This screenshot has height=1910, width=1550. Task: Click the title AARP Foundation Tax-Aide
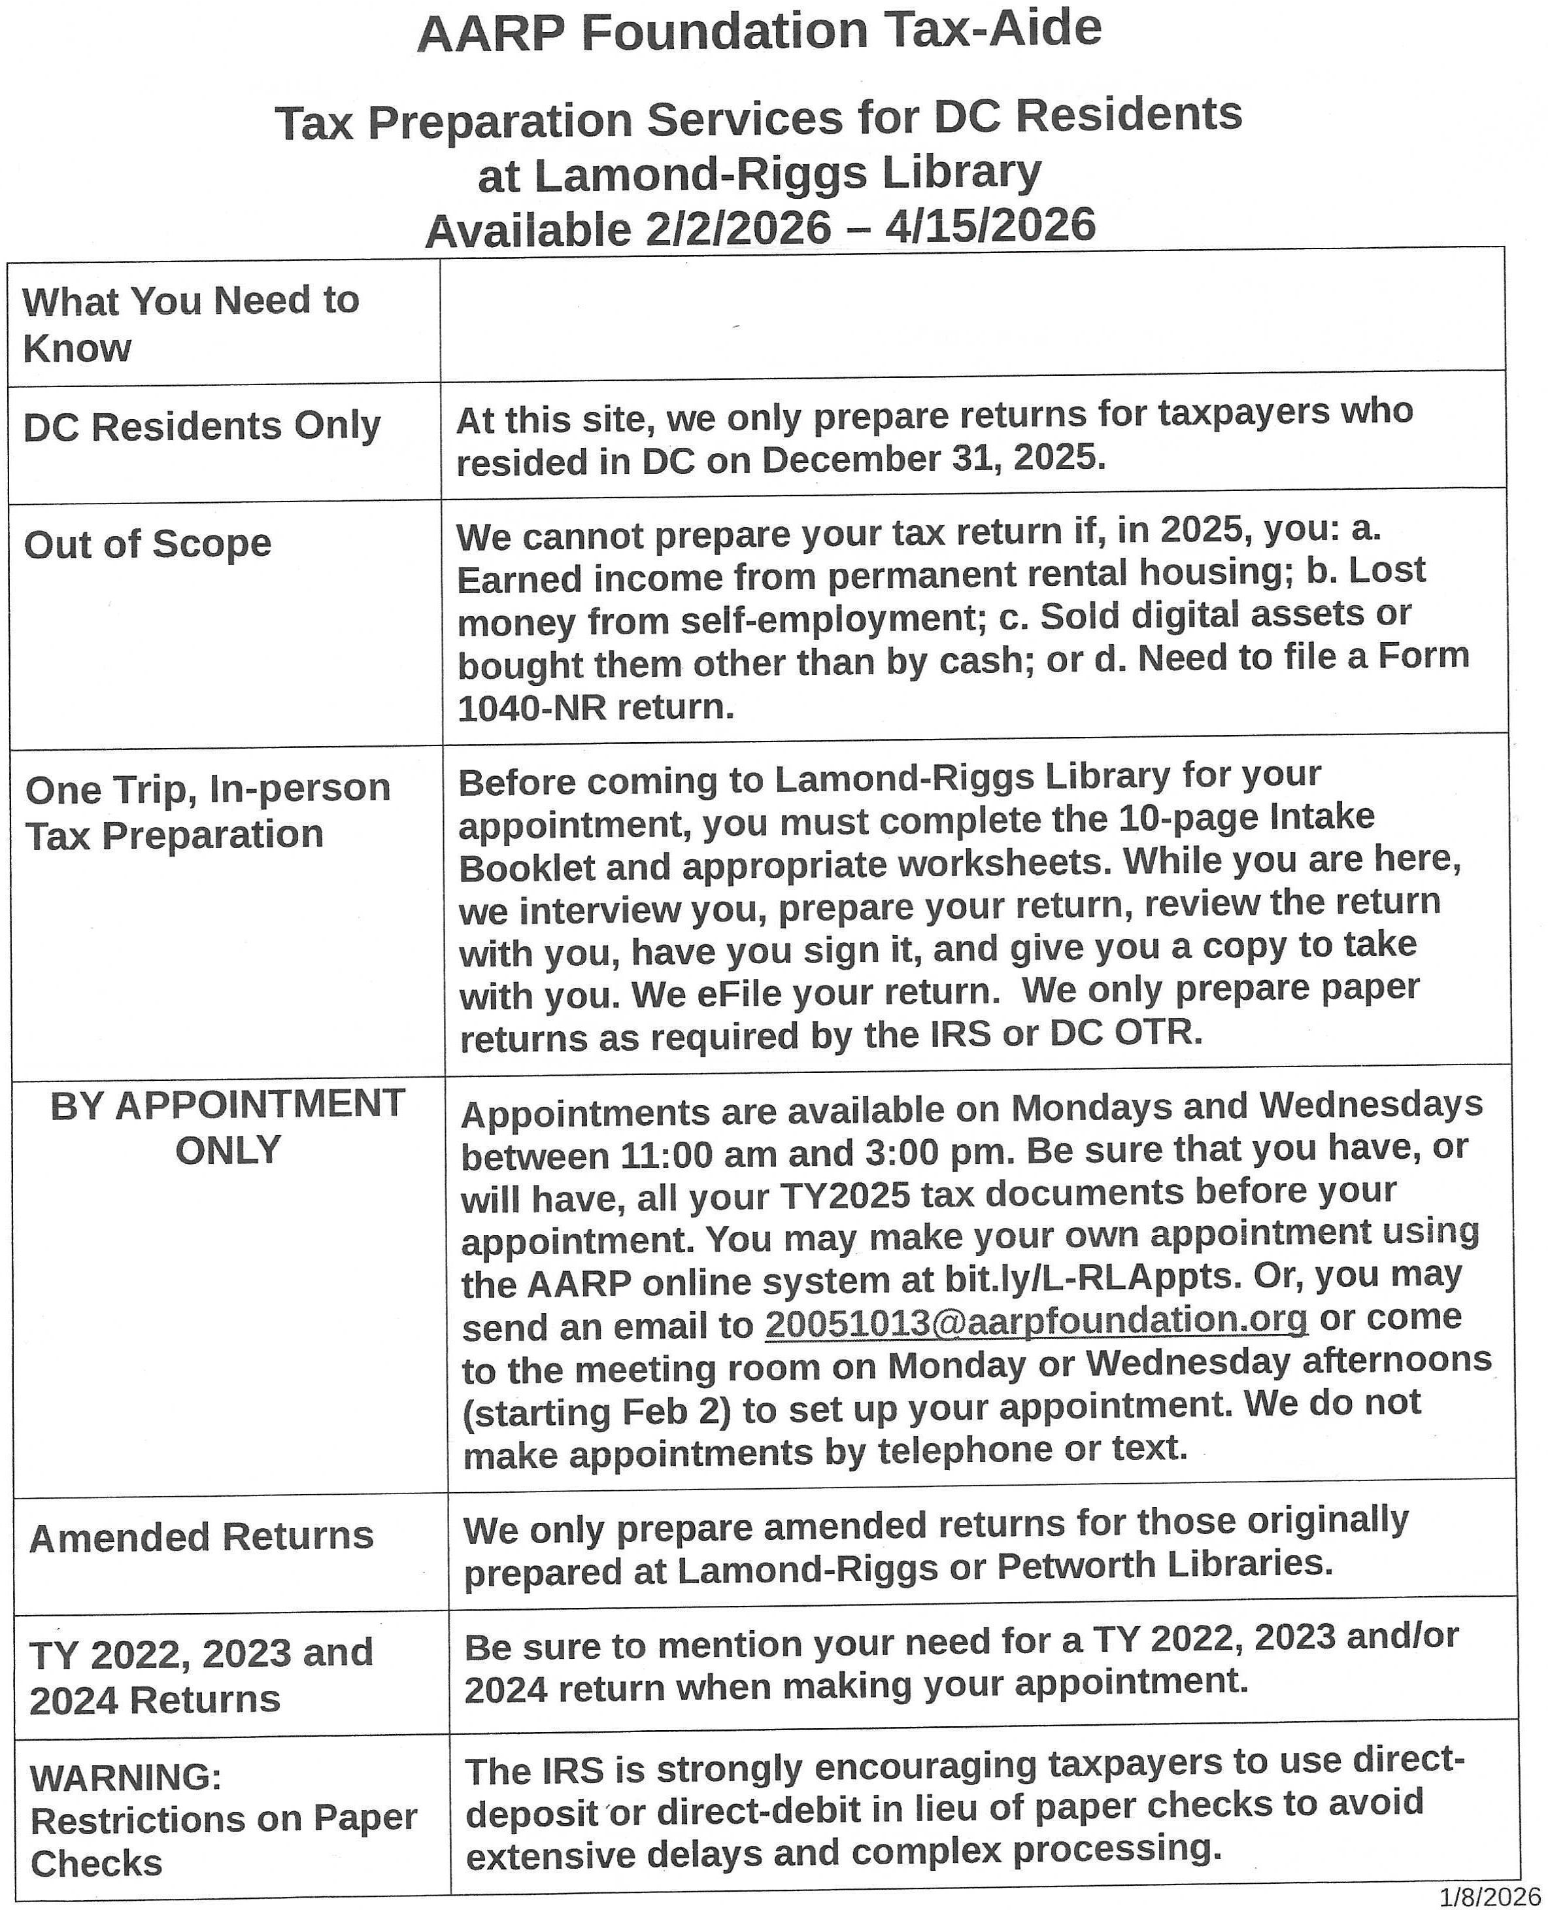(759, 32)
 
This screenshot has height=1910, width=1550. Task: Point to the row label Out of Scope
(147, 544)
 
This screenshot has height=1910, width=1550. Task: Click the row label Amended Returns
(201, 1537)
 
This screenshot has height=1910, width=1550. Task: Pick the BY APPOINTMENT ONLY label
(227, 1127)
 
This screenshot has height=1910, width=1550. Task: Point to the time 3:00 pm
(937, 1153)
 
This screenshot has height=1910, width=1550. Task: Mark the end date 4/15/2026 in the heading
(990, 226)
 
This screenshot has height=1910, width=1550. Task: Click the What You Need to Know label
(190, 323)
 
